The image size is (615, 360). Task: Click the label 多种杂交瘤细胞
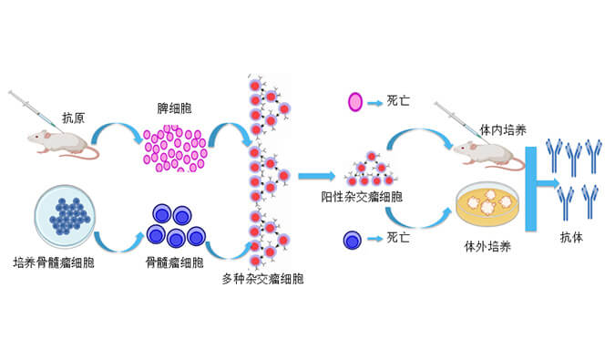click(x=262, y=278)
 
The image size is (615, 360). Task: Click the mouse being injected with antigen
click(x=59, y=141)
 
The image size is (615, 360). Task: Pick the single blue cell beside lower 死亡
click(x=351, y=240)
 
